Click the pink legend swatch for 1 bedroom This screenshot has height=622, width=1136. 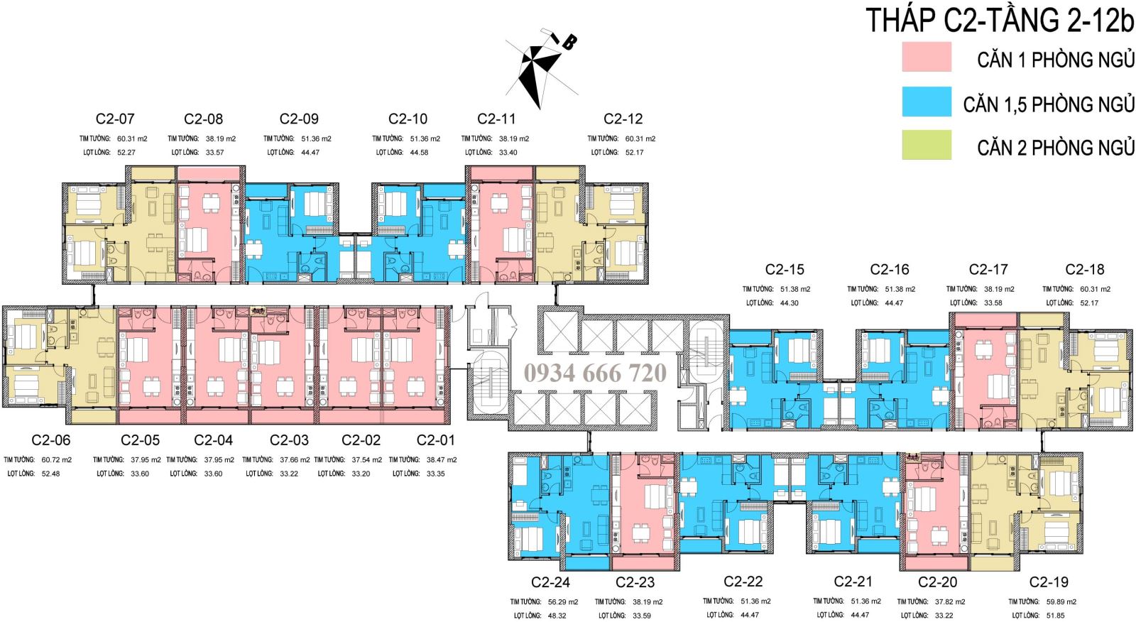(x=927, y=57)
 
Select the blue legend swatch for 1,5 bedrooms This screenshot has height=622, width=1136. (x=927, y=102)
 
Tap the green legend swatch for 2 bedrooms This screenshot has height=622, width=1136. (x=927, y=145)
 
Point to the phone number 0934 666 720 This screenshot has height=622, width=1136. (x=596, y=373)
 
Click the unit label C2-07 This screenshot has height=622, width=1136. (x=115, y=119)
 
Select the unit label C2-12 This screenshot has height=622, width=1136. (x=623, y=119)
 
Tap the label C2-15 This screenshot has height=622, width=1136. (x=785, y=270)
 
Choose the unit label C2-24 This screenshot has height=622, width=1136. (x=550, y=582)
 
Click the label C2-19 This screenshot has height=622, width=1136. (x=1048, y=582)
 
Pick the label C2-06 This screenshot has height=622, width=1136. (x=51, y=441)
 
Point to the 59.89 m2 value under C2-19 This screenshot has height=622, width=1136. (x=1062, y=602)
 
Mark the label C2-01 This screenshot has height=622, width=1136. (x=436, y=441)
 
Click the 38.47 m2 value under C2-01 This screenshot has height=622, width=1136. (x=442, y=460)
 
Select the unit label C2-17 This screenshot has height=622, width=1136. (x=988, y=270)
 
